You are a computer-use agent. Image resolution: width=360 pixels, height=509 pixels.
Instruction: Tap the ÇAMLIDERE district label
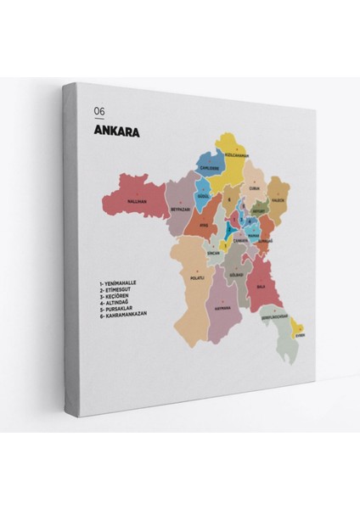208,168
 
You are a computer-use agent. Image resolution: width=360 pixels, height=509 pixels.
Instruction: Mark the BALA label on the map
262,286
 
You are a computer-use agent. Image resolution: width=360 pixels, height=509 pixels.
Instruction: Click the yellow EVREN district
299,334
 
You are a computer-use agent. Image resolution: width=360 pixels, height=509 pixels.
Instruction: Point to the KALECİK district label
278,201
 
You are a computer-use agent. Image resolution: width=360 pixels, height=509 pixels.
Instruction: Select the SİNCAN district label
213,253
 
